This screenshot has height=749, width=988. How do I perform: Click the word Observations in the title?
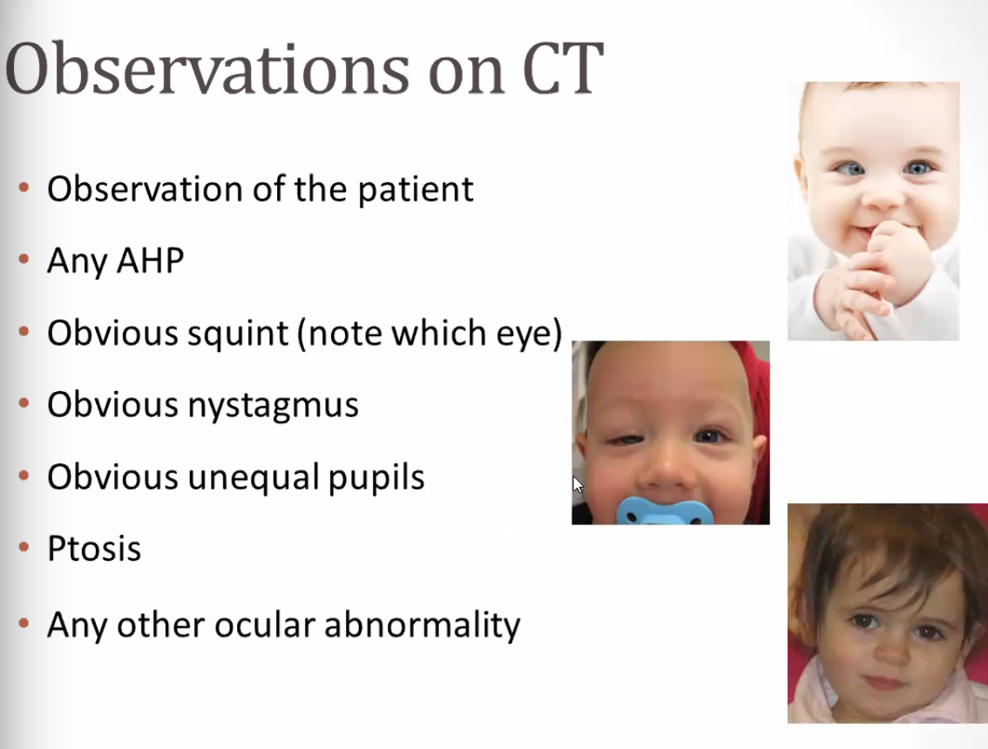(207, 70)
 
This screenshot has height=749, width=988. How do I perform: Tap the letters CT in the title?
(564, 70)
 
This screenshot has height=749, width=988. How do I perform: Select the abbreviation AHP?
(151, 260)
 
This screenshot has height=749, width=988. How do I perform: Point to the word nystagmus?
(274, 406)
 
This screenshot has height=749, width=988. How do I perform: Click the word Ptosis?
(94, 548)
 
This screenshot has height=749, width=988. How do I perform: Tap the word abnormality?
(423, 625)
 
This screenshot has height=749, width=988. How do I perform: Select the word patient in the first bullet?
(416, 189)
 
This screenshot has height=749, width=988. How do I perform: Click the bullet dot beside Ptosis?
(24, 548)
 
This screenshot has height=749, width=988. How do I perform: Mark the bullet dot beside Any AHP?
(24, 259)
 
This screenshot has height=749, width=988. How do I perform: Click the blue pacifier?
(665, 511)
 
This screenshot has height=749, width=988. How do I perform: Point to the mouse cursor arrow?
(578, 485)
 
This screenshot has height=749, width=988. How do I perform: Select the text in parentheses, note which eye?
(430, 334)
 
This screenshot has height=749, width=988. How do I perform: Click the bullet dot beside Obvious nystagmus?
(24, 403)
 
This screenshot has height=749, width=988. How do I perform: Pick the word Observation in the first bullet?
(145, 188)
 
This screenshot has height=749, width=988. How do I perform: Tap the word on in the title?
(465, 74)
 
